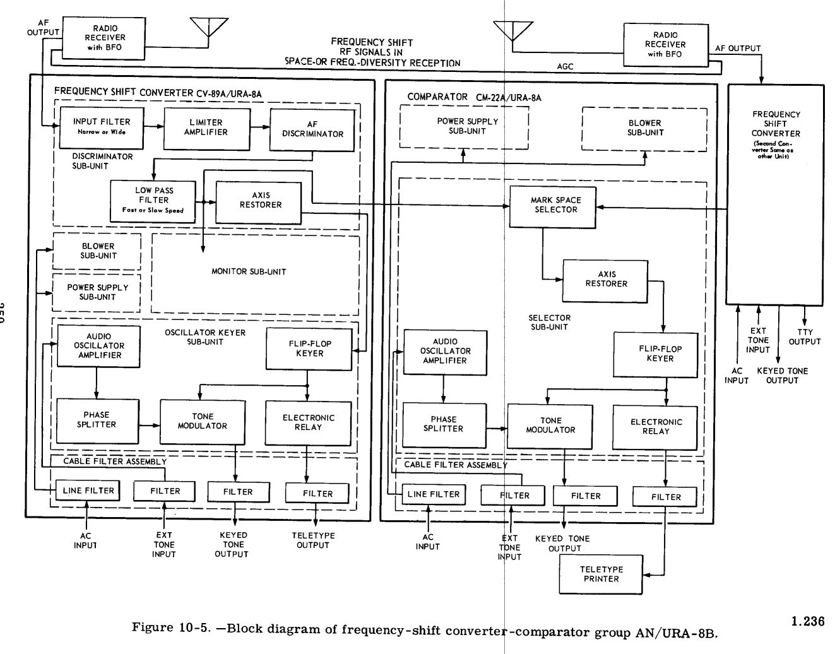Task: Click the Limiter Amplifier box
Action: pos(206,128)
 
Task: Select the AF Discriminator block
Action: pos(312,129)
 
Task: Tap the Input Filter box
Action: pos(101,128)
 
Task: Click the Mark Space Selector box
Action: pos(552,206)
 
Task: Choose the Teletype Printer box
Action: pos(601,574)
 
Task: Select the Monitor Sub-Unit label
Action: pos(249,271)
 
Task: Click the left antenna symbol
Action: pos(209,27)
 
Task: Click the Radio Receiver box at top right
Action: pos(665,45)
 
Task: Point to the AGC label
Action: pos(566,67)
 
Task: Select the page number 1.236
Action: pos(808,621)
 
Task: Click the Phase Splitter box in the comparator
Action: pos(443,424)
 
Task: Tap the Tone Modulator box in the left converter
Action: pos(202,422)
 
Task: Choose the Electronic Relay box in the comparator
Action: pos(656,427)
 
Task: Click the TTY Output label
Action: pos(805,336)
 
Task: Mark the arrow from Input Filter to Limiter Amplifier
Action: pos(153,126)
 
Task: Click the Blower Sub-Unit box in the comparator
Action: pos(644,129)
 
